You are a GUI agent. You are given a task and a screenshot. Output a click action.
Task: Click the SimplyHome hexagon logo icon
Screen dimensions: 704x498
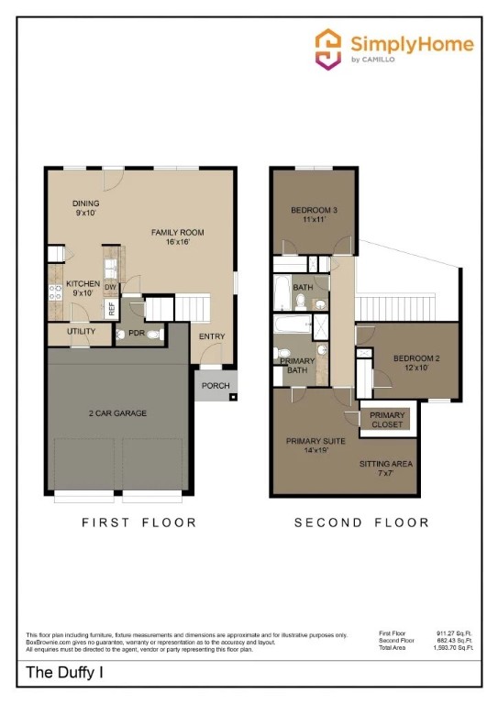(328, 48)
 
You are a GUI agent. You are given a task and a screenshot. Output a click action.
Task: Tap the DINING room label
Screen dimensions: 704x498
(86, 203)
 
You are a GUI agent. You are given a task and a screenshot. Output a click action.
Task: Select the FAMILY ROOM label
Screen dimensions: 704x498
(176, 233)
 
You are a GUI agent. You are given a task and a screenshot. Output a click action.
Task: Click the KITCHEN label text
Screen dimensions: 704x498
(83, 284)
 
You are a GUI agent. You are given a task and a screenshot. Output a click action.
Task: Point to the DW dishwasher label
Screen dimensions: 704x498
(110, 287)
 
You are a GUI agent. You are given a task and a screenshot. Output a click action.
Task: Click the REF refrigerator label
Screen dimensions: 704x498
(112, 309)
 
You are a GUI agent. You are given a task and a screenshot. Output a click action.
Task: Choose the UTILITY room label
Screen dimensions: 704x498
(81, 331)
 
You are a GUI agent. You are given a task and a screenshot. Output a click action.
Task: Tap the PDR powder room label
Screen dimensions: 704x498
(137, 334)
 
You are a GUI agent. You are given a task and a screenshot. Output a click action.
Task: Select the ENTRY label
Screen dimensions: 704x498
(212, 336)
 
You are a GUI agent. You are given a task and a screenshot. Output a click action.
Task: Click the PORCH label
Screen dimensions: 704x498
(216, 386)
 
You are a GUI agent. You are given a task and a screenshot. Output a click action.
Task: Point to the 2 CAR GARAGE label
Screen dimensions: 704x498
(118, 413)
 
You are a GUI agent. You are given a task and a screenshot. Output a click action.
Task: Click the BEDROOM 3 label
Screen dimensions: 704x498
(314, 211)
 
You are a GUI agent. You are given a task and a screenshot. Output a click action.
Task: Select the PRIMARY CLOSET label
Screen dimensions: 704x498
(387, 420)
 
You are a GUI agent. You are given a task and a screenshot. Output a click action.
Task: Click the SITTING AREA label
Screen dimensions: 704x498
(386, 464)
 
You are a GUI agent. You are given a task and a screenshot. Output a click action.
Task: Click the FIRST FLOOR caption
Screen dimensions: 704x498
(138, 522)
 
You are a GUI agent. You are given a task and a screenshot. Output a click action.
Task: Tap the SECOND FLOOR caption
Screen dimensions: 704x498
(361, 522)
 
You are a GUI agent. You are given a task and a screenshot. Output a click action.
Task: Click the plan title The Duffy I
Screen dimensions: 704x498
(61, 674)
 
